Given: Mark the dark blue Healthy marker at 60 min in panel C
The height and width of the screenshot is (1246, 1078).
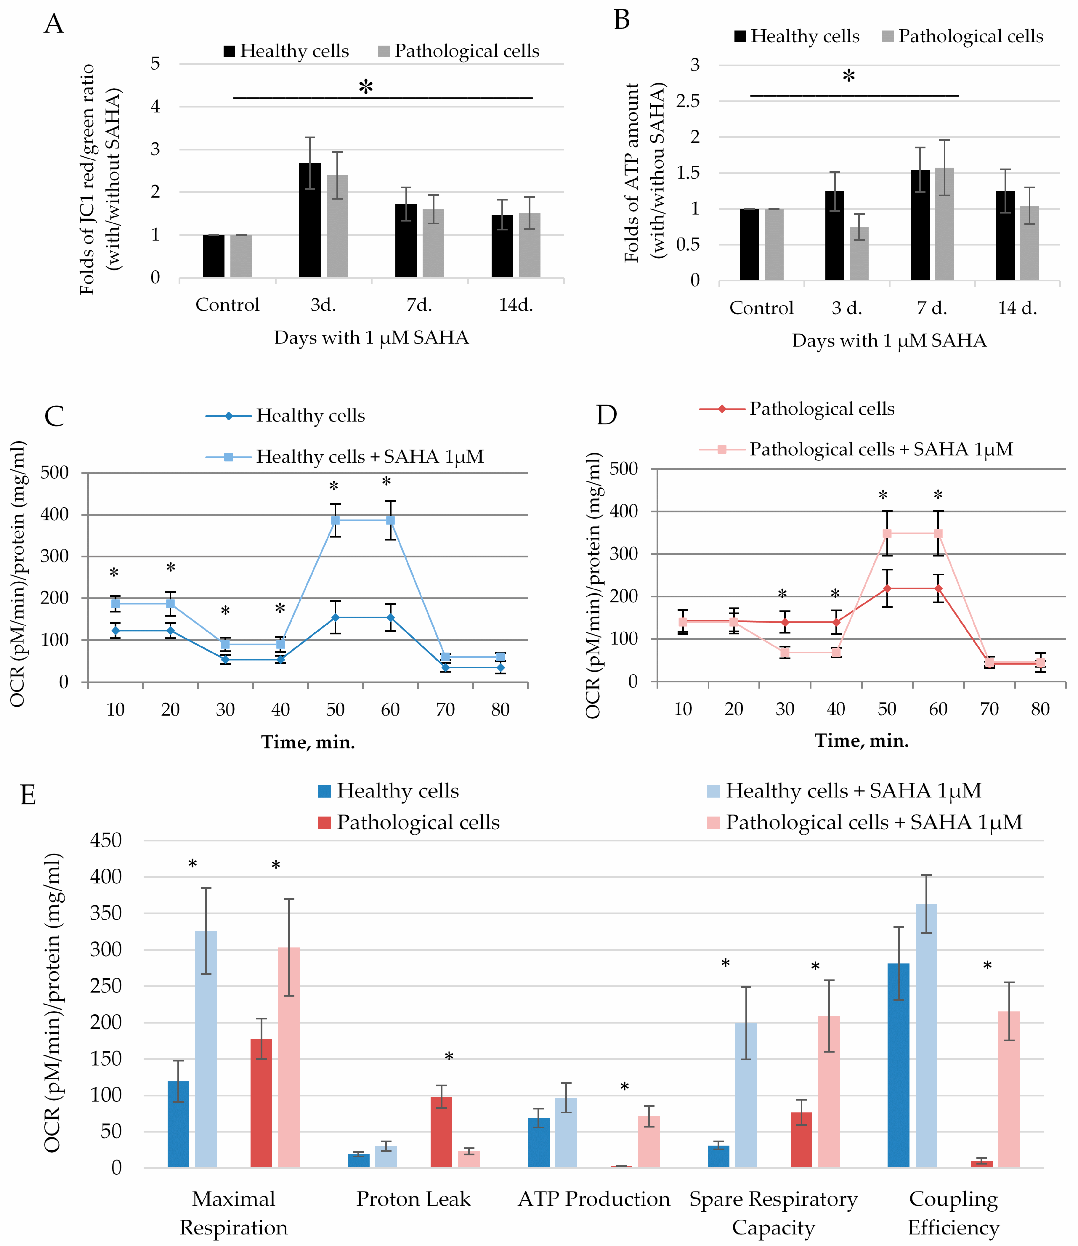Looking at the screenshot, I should tap(390, 617).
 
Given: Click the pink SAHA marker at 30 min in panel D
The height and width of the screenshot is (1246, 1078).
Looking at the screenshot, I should tap(785, 652).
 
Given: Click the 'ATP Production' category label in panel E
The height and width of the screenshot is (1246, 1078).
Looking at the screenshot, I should tap(594, 1199).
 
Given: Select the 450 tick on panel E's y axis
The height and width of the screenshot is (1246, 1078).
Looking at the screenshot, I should tap(106, 841).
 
